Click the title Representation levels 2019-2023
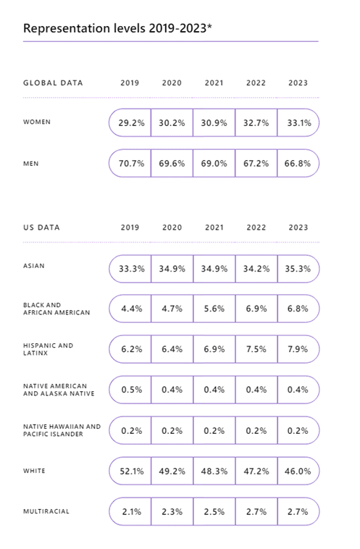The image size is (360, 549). pyautogui.click(x=117, y=28)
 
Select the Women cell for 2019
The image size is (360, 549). pyautogui.click(x=131, y=123)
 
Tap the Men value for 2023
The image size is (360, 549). pyautogui.click(x=298, y=164)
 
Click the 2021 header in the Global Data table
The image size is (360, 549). pyautogui.click(x=214, y=83)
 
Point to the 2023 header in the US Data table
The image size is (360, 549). pyautogui.click(x=298, y=227)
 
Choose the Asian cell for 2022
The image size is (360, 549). pyautogui.click(x=256, y=269)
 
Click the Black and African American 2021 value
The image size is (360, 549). pyautogui.click(x=214, y=309)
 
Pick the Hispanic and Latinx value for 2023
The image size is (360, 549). pyautogui.click(x=298, y=349)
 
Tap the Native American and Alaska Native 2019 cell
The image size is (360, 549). pyautogui.click(x=132, y=390)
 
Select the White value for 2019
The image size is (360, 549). pyautogui.click(x=132, y=472)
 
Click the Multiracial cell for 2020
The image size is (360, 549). pyautogui.click(x=172, y=512)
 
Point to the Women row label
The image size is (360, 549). pyautogui.click(x=37, y=122)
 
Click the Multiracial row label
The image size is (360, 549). pyautogui.click(x=46, y=511)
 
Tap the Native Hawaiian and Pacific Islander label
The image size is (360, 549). pyautogui.click(x=62, y=430)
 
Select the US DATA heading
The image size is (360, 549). pyautogui.click(x=42, y=227)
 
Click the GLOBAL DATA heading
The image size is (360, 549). pyautogui.click(x=53, y=83)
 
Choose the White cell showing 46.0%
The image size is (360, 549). pyautogui.click(x=298, y=472)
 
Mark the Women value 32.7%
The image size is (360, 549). pyautogui.click(x=256, y=123)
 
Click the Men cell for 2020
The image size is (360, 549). pyautogui.click(x=172, y=164)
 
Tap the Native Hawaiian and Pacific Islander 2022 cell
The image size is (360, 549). pyautogui.click(x=256, y=431)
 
